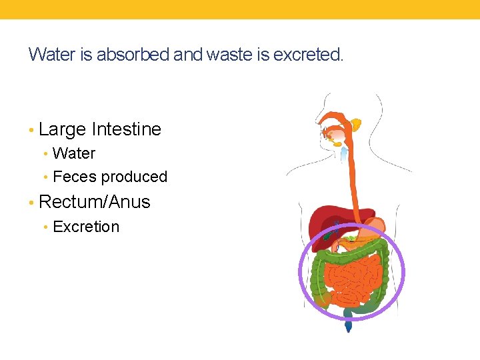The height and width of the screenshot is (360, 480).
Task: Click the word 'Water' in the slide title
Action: tap(51, 55)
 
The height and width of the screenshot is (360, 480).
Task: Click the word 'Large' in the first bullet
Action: tap(63, 129)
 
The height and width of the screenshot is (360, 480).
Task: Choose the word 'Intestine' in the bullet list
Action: tap(127, 129)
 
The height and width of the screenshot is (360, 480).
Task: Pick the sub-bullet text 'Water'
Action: tap(74, 153)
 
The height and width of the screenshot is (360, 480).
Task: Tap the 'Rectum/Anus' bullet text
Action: tap(95, 202)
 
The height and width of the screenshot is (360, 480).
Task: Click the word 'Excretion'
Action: tap(86, 227)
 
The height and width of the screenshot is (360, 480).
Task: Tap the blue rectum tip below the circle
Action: tap(348, 325)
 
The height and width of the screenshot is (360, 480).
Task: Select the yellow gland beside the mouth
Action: tap(356, 124)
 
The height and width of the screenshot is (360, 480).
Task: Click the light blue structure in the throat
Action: tap(344, 154)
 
